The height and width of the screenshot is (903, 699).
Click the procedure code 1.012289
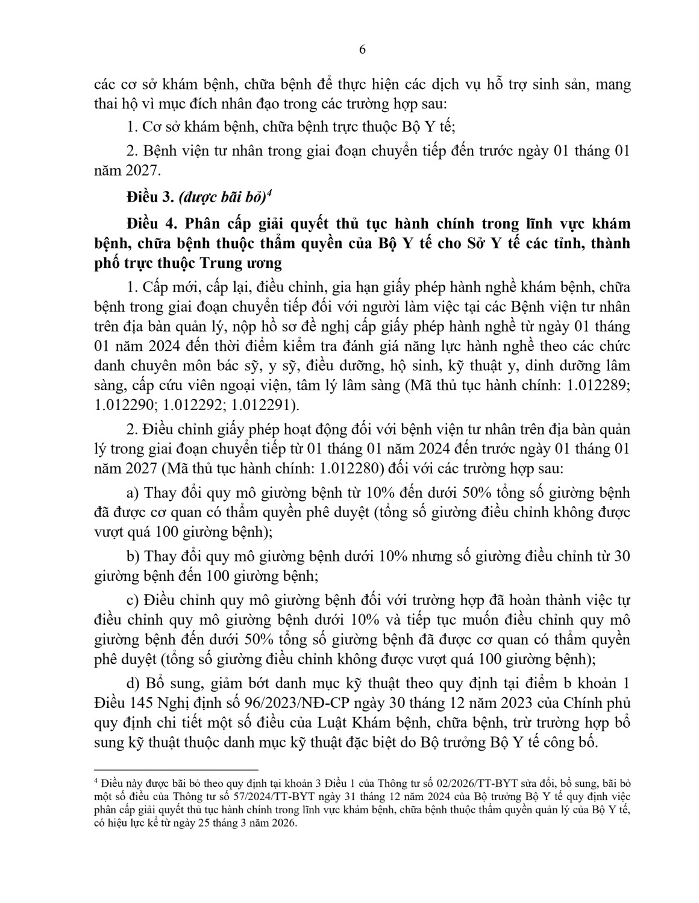594,386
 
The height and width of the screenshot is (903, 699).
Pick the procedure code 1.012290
126,405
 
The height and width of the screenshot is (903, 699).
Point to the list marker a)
133,493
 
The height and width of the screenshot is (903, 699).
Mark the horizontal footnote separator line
176,769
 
